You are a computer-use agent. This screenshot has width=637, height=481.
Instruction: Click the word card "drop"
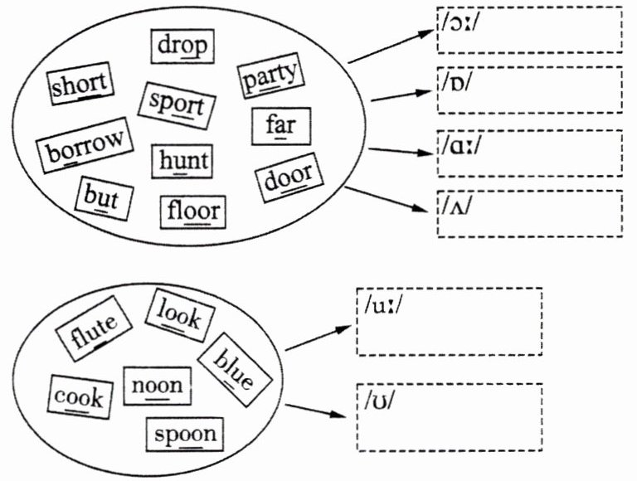(182, 46)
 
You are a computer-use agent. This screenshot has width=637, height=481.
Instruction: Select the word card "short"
(80, 85)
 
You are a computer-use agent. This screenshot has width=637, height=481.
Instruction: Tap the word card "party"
(270, 79)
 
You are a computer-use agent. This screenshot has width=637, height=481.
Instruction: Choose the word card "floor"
(193, 211)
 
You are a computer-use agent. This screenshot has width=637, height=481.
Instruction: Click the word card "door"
(288, 178)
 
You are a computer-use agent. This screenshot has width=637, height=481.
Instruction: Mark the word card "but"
(102, 199)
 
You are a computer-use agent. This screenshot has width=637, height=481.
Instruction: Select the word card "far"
(281, 126)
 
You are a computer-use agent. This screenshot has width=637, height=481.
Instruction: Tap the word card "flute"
(92, 328)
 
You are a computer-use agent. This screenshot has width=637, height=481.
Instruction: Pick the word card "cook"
(79, 396)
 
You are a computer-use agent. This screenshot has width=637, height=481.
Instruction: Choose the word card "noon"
(157, 386)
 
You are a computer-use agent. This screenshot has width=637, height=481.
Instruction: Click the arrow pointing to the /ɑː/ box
(401, 151)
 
